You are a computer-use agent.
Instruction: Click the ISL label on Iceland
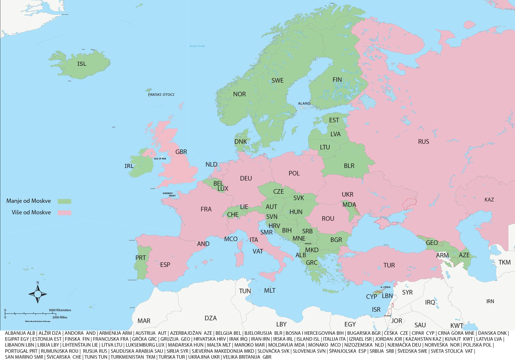tap(82, 64)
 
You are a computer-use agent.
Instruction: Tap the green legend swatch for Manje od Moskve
tap(65, 201)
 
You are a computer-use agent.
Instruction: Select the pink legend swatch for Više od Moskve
tap(65, 213)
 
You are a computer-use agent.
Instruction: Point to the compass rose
tap(38, 294)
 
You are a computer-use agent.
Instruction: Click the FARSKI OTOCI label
tap(161, 95)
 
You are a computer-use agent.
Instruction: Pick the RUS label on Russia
tap(424, 142)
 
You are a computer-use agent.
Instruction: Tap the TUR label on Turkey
tap(389, 265)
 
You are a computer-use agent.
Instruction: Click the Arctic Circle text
tap(197, 46)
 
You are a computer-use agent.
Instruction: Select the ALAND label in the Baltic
tap(304, 104)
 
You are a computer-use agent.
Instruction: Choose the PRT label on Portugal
tap(141, 258)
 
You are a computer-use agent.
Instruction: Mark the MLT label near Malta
tap(270, 291)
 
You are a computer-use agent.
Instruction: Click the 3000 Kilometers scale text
tap(60, 310)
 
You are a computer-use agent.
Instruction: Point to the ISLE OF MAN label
tap(160, 159)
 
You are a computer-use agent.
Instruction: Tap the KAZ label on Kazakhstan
tap(489, 200)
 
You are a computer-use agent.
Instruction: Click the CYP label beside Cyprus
tap(371, 297)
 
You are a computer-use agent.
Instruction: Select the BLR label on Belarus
tap(349, 166)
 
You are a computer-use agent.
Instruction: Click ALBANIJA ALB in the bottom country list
tap(20, 333)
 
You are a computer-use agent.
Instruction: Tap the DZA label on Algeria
tap(211, 318)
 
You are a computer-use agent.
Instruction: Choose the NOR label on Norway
tap(239, 94)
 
